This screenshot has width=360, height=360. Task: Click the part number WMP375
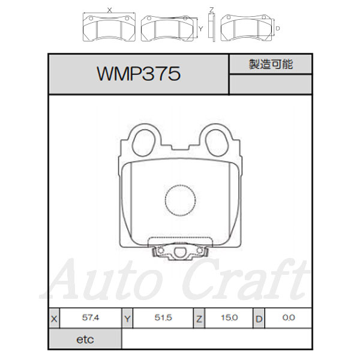tap(139, 74)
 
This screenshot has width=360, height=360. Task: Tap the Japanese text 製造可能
tap(271, 64)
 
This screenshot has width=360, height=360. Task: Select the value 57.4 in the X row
tap(91, 318)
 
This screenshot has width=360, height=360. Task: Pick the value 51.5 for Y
tap(163, 318)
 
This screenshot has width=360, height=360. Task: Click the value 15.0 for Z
tap(229, 318)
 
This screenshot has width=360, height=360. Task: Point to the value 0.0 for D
tap(289, 318)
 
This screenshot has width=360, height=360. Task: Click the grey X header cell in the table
tap(54, 319)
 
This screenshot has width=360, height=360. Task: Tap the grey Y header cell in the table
tap(127, 319)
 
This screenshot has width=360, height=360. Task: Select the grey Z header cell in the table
tap(199, 319)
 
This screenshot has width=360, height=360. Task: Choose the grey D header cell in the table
tap(259, 319)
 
